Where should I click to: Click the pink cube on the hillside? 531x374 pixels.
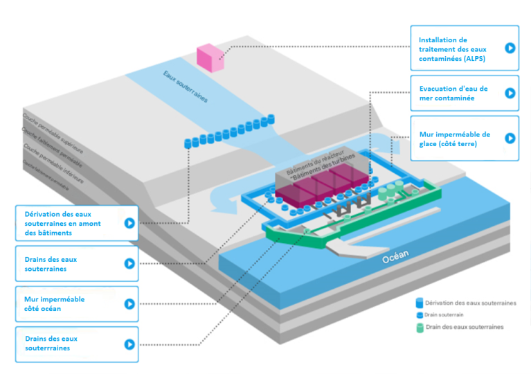(210, 57)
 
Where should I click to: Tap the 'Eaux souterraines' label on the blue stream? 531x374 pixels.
(185, 87)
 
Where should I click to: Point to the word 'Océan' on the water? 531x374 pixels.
(395, 256)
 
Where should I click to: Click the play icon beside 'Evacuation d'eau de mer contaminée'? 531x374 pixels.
(510, 93)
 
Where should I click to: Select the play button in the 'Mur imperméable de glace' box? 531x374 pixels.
(510, 138)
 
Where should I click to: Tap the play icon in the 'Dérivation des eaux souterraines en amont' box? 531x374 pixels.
(129, 223)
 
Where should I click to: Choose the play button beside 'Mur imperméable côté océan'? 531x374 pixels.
(129, 304)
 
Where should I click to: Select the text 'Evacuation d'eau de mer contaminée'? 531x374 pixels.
(453, 93)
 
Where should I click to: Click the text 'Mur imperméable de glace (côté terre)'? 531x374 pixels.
(454, 139)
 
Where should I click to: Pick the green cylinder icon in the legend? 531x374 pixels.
(420, 327)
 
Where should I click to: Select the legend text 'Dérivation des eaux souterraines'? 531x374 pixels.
(471, 303)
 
